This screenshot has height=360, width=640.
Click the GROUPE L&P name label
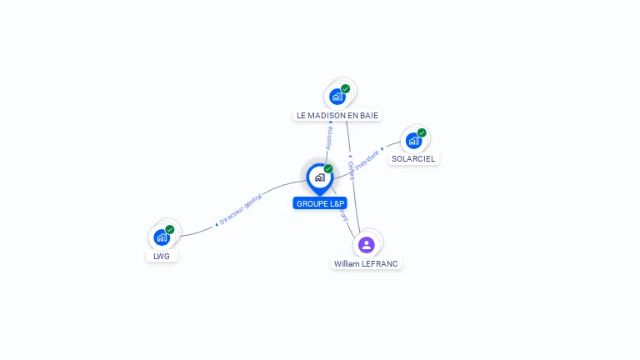pos(320,203)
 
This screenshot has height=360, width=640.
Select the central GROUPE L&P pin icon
pos(319,177)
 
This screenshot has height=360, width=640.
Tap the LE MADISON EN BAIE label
pos(339,115)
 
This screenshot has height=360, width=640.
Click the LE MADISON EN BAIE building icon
pos(337,96)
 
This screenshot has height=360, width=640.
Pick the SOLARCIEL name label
pos(413,158)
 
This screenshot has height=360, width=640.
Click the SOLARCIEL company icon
pos(412,141)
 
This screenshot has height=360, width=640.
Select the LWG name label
pos(162,256)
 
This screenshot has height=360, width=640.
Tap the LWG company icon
pos(162,237)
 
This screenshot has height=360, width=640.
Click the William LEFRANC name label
pos(367,263)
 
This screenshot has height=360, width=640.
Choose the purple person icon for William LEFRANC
pos(366,244)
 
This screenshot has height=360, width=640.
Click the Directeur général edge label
pos(240,210)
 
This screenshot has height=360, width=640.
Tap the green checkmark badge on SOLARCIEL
pos(422,132)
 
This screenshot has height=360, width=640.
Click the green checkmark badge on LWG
pos(170,229)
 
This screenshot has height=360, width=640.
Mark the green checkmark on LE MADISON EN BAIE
pos(346,88)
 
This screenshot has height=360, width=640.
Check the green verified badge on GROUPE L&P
pos(328,168)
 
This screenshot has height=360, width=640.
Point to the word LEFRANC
pos(382,263)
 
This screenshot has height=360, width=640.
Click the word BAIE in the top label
pos(372,115)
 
